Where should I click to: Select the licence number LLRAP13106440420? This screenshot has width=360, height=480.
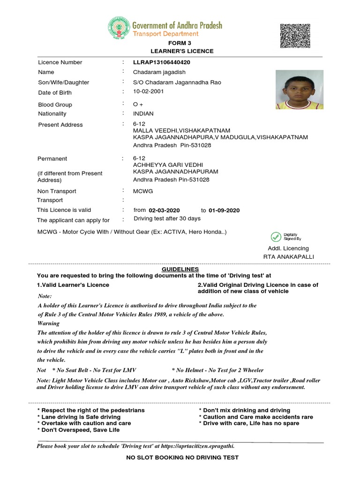tap(162, 62)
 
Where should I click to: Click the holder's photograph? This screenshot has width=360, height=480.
tap(299, 90)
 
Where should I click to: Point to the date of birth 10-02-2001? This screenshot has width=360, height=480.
tap(149, 91)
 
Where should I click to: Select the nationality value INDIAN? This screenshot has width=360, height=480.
tap(143, 113)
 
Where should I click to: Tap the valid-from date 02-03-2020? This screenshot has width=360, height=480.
tap(164, 210)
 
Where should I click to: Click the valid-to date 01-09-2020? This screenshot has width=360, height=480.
tap(224, 210)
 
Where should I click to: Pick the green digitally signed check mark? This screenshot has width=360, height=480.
tap(276, 237)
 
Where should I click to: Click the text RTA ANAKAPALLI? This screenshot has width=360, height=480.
tap(289, 257)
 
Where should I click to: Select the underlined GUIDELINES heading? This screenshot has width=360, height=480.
tap(180, 270)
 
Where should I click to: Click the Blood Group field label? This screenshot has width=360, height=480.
tap(55, 105)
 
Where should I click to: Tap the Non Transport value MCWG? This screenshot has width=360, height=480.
tap(143, 191)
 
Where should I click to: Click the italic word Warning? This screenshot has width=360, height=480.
tap(48, 323)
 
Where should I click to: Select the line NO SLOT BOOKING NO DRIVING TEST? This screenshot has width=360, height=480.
tap(182, 457)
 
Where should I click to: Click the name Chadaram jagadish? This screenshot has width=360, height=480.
tap(159, 72)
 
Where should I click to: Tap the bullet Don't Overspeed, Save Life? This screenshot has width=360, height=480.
tap(78, 430)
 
